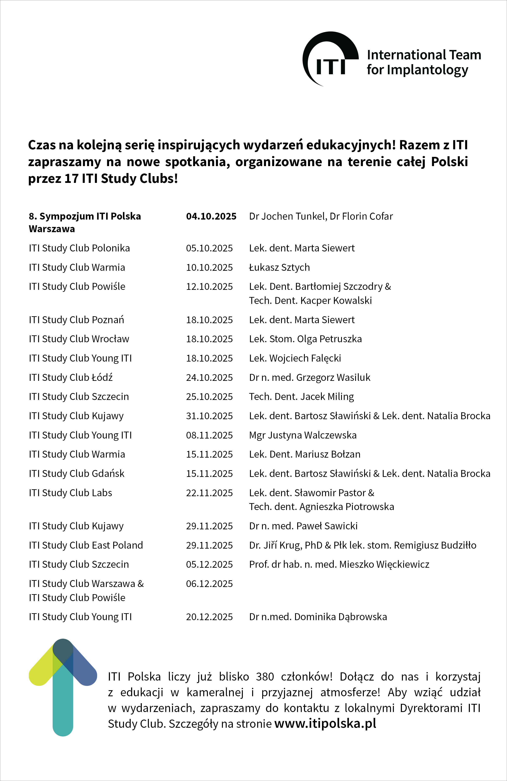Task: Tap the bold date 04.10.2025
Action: pyautogui.click(x=211, y=216)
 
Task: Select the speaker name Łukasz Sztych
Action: pyautogui.click(x=279, y=267)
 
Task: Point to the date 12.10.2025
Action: pyautogui.click(x=209, y=286)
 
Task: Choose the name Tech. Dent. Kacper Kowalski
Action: pyautogui.click(x=310, y=301)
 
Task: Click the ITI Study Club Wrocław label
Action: pyautogui.click(x=79, y=339)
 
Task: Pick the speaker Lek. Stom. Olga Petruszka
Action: pyautogui.click(x=305, y=339)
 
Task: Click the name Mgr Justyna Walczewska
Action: pyautogui.click(x=302, y=435)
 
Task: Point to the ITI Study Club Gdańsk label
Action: pyautogui.click(x=77, y=474)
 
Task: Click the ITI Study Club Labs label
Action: pyautogui.click(x=70, y=493)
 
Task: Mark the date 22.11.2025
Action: pyautogui.click(x=209, y=493)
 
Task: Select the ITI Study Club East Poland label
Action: pyautogui.click(x=86, y=545)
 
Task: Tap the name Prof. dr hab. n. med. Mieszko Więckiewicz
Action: pyautogui.click(x=339, y=564)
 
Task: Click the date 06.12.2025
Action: pyautogui.click(x=209, y=584)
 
